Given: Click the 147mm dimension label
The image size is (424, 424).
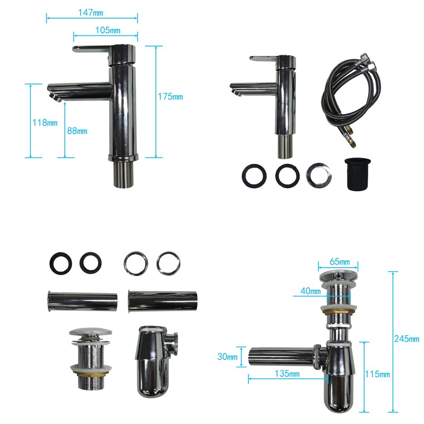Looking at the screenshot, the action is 91,13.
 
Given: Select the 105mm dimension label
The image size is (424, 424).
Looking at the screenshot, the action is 108,30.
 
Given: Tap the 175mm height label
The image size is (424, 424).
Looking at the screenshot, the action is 170,96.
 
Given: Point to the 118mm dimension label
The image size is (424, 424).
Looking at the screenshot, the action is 45,122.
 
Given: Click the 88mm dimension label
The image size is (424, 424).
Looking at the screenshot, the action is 77,131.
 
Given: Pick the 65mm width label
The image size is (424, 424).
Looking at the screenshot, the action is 340,261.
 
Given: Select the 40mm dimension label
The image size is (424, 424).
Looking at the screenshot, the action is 311,291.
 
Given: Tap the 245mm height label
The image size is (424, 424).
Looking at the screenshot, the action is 407,339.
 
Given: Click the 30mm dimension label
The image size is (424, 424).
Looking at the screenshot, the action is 227,356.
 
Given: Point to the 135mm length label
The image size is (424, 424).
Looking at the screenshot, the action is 287,374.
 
